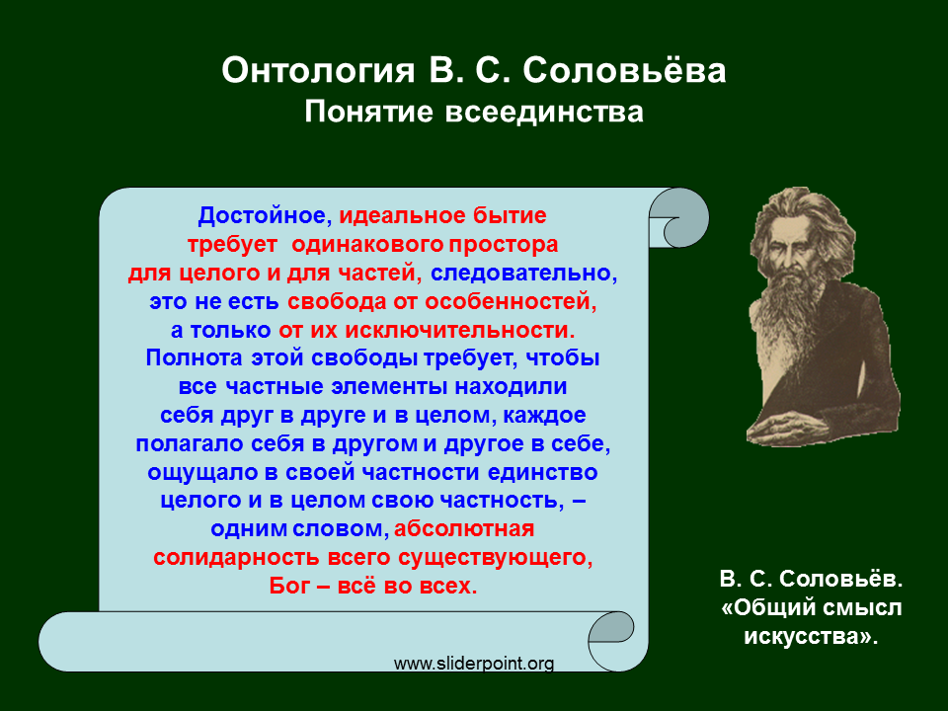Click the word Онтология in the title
click(318, 71)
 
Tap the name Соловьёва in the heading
click(624, 71)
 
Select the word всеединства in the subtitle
click(545, 113)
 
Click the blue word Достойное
click(265, 216)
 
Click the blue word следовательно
click(523, 274)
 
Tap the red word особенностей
click(511, 302)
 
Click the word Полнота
click(194, 357)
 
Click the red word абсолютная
click(464, 529)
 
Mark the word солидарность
click(236, 557)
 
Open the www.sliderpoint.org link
click(474, 664)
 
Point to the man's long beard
click(793, 311)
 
